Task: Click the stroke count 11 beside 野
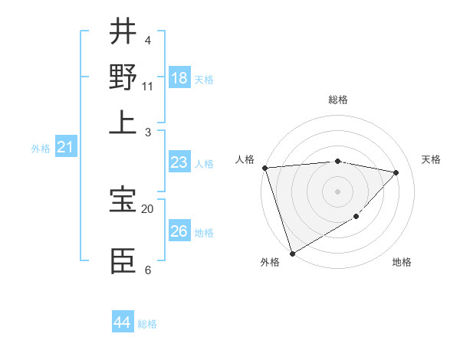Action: click(x=148, y=86)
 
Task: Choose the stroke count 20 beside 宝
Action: click(x=148, y=208)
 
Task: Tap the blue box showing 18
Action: click(x=179, y=78)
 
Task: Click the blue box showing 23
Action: click(x=179, y=162)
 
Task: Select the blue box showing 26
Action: click(x=179, y=231)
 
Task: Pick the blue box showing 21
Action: click(x=65, y=147)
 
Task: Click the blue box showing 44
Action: click(x=122, y=322)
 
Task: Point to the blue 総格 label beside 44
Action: click(x=147, y=324)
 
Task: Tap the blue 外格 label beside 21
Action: click(x=41, y=149)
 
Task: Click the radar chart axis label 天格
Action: click(x=431, y=159)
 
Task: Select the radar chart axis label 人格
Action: click(x=245, y=159)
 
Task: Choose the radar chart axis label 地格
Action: click(x=402, y=262)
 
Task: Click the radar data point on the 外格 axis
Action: click(x=292, y=253)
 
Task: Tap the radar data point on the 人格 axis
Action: click(x=264, y=168)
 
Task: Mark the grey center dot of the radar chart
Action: click(x=337, y=191)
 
